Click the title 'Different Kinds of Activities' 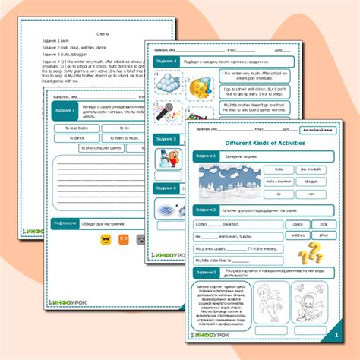(x=264, y=142)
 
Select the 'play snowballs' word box (x=310, y=169)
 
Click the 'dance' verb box (x=298, y=225)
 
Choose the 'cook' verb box (x=324, y=225)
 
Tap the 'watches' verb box (x=298, y=236)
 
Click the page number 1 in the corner (x=336, y=334)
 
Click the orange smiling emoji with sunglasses (x=105, y=241)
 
